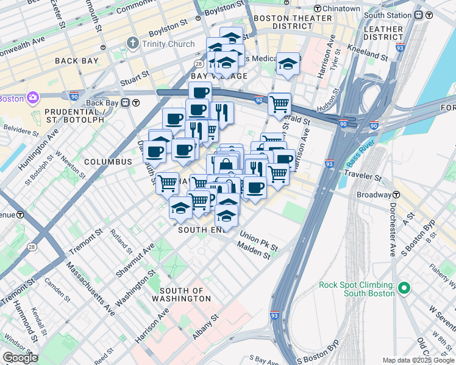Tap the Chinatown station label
tap(341, 9)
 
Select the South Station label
tap(391, 15)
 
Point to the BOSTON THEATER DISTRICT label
tap(283, 23)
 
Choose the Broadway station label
tap(374, 195)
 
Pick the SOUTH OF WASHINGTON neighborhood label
tap(185, 295)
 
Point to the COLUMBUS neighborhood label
tap(108, 162)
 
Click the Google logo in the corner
tap(20, 358)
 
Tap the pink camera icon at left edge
tap(32, 98)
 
